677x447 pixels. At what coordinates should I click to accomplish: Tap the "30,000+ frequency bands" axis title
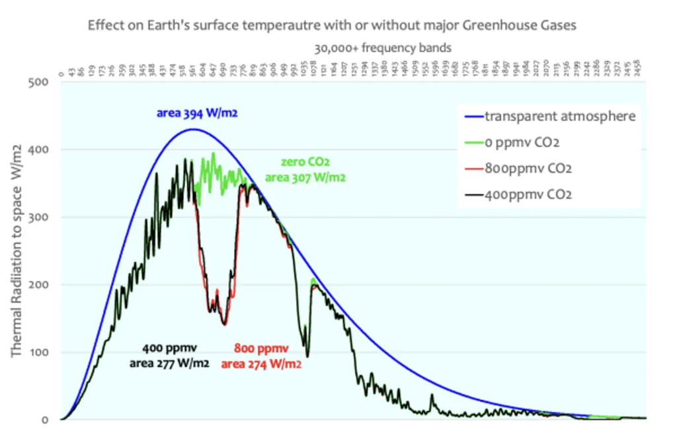pos(383,48)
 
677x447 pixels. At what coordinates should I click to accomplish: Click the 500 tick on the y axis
pos(39,83)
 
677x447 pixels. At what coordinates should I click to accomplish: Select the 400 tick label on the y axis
pos(39,150)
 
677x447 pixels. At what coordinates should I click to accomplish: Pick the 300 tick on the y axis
pos(39,218)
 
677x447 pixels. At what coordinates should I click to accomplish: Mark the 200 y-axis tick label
pos(39,285)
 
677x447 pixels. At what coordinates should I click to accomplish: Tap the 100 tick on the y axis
pos(39,352)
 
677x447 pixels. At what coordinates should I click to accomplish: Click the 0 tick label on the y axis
pos(45,420)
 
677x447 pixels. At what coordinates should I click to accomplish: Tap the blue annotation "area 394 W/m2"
pos(197,113)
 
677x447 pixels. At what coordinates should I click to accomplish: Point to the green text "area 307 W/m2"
pos(305,177)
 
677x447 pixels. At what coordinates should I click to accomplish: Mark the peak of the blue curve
pos(192,129)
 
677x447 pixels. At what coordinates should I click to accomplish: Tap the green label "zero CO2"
pos(306,163)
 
